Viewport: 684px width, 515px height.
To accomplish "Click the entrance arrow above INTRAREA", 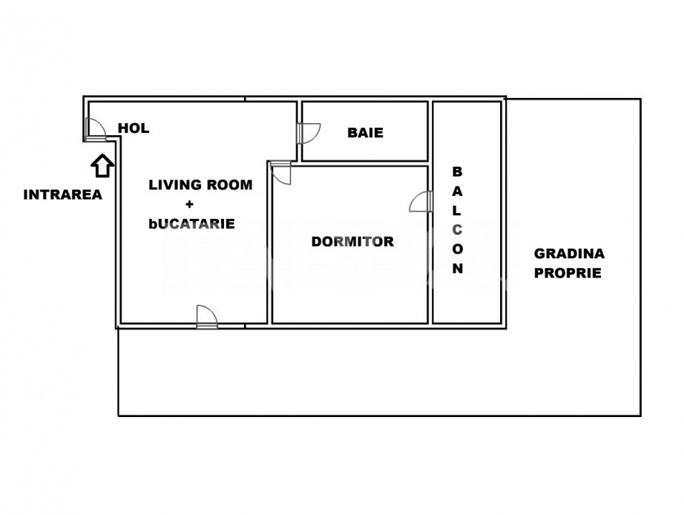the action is (102, 166).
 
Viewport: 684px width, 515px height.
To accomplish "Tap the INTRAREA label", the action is (63, 195).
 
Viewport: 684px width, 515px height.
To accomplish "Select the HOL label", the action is (134, 128).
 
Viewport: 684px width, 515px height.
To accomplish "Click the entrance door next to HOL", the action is (96, 129).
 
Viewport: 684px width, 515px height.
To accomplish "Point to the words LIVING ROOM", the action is (200, 185).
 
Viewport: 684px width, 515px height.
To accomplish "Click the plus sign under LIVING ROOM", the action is (190, 204).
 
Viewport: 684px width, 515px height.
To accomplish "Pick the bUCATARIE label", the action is (192, 224).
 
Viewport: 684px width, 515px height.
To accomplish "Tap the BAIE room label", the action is (366, 132).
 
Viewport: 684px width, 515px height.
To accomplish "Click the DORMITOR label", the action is (353, 241).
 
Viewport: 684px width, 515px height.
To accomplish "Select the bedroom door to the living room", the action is (280, 172).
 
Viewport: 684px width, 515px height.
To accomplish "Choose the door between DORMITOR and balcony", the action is (421, 202).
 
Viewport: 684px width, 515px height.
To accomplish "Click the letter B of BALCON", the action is (457, 172).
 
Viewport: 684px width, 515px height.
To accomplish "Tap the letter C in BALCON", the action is (457, 230).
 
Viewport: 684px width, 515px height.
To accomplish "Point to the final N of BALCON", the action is (457, 268).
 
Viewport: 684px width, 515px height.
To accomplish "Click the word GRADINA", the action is (570, 253).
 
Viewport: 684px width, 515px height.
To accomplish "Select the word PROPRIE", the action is (568, 273).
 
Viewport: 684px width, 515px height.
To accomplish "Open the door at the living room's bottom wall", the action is (207, 317).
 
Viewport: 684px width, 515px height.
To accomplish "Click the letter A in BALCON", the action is (457, 191).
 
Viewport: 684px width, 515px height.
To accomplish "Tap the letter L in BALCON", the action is (456, 210).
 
